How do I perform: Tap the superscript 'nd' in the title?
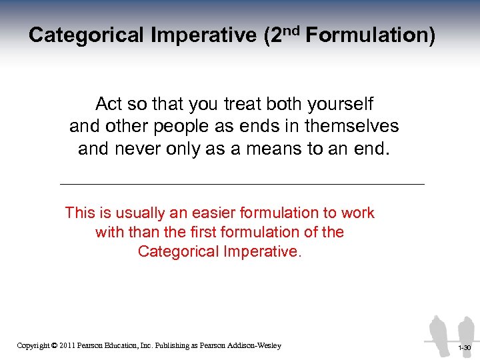(292, 28)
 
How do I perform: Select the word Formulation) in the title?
(371, 35)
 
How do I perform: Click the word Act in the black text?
(109, 105)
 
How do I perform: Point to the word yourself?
(340, 105)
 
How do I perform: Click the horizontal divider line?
(241, 183)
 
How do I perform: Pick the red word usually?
(143, 213)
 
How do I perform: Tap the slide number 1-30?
(464, 348)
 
